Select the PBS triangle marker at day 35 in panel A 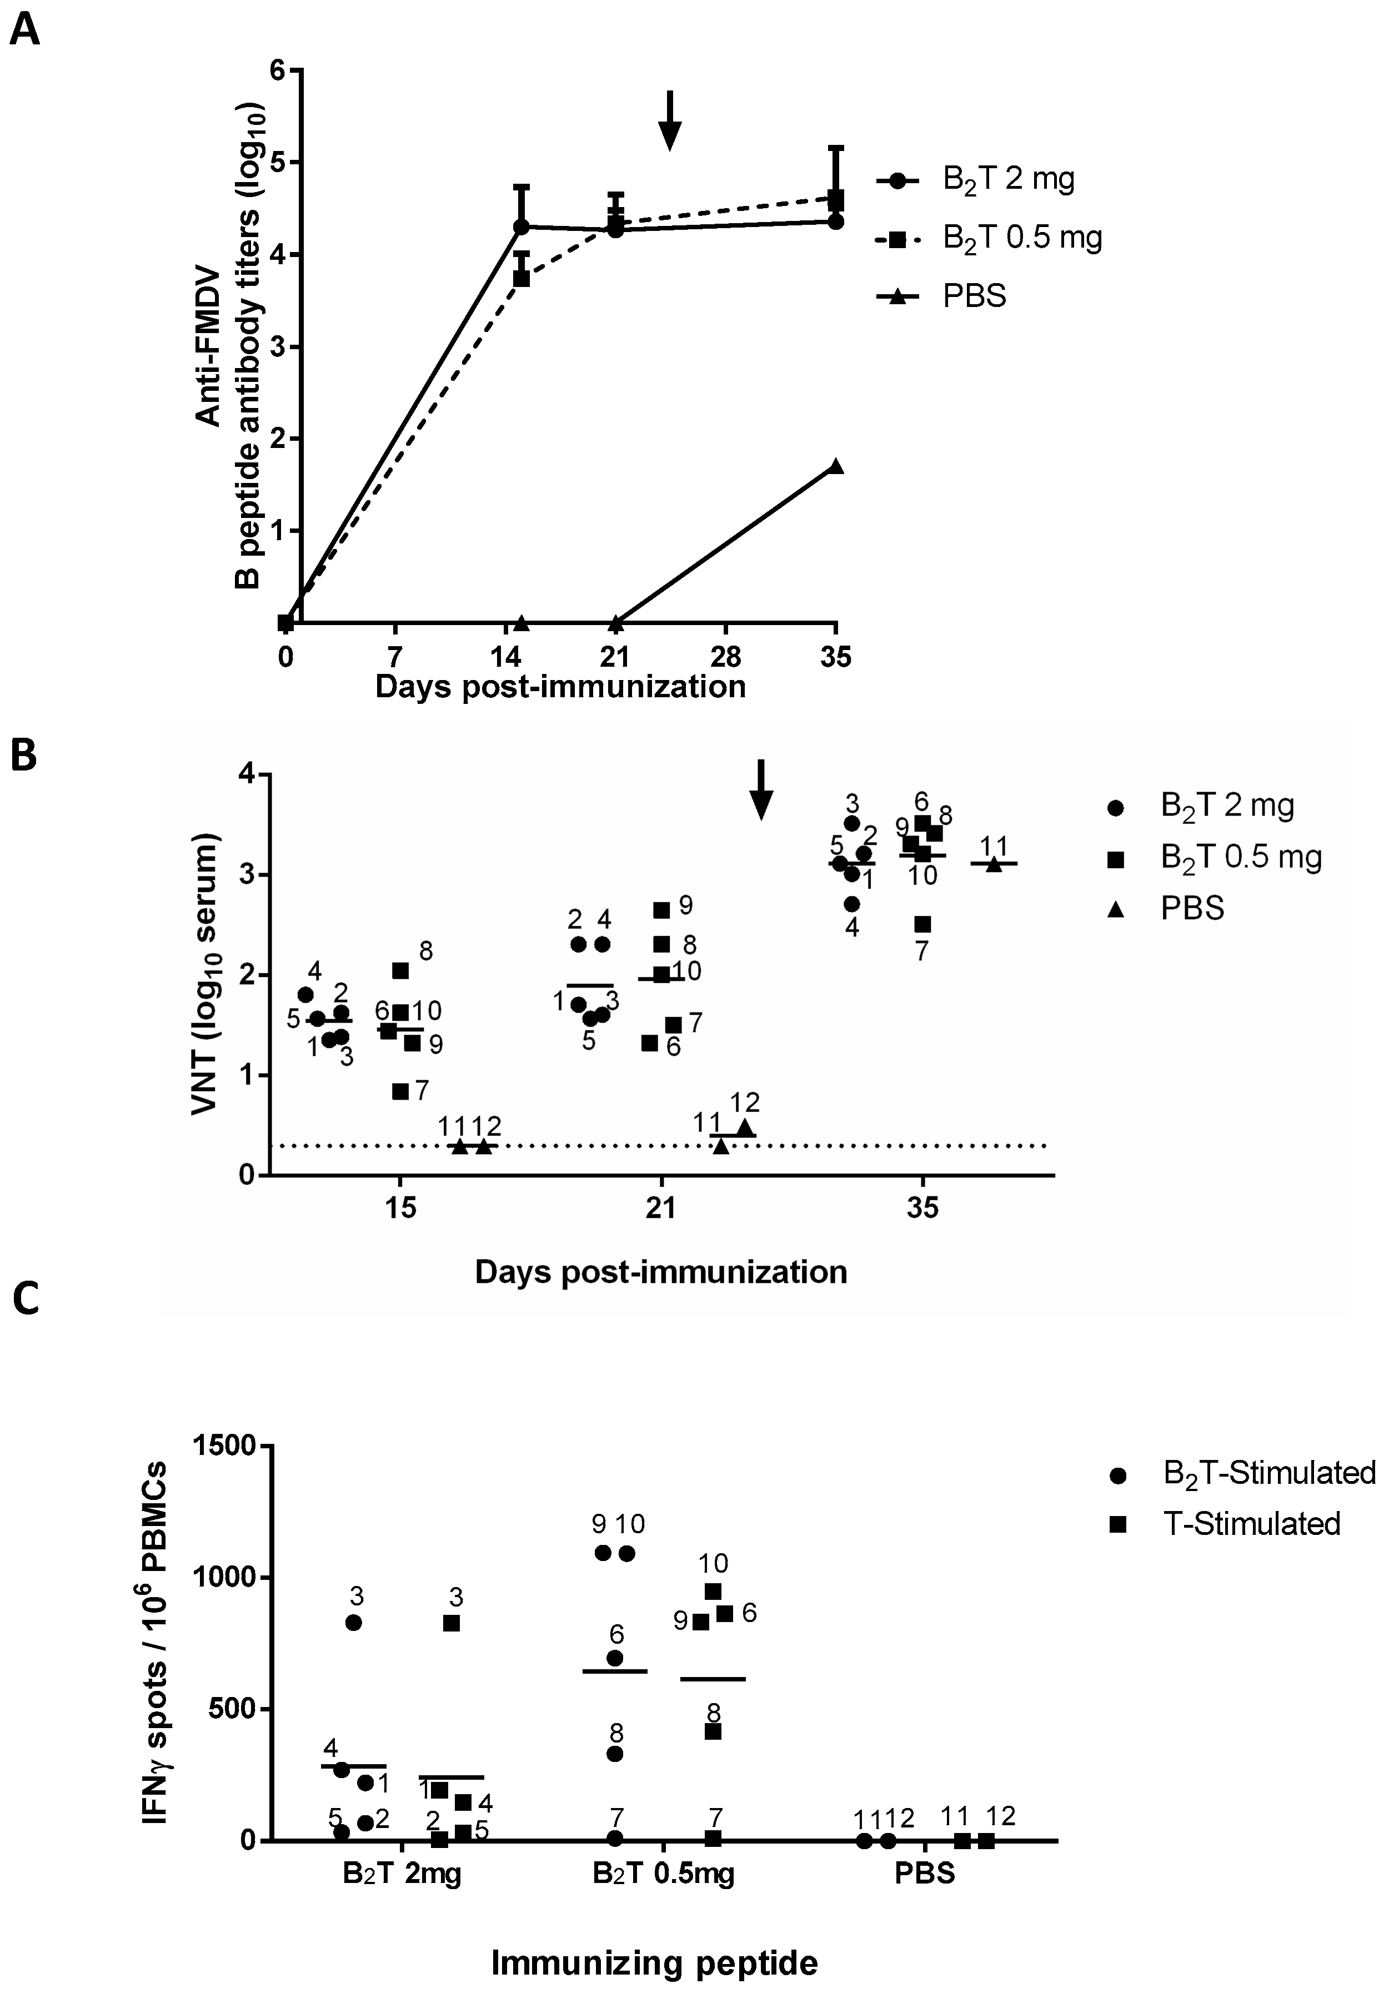835,466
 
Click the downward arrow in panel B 760,789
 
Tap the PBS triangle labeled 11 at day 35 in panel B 994,864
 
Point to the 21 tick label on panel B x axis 661,1207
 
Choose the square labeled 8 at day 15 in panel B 400,971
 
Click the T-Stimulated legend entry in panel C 1250,1524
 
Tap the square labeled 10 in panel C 713,1592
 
